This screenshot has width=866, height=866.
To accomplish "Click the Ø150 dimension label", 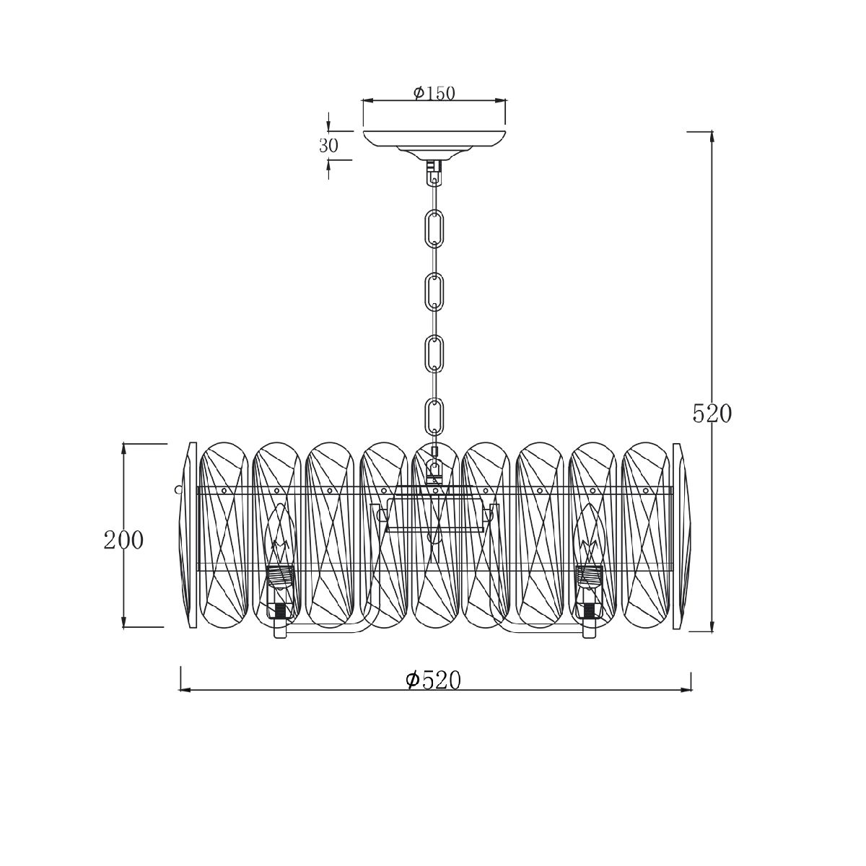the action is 434,94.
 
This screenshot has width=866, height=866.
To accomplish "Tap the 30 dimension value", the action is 328,146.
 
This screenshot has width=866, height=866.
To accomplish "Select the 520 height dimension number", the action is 712,414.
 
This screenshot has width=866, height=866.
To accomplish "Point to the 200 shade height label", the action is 123,541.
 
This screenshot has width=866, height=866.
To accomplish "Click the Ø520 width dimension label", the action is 433,680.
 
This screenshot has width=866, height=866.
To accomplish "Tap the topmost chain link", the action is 434,227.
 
